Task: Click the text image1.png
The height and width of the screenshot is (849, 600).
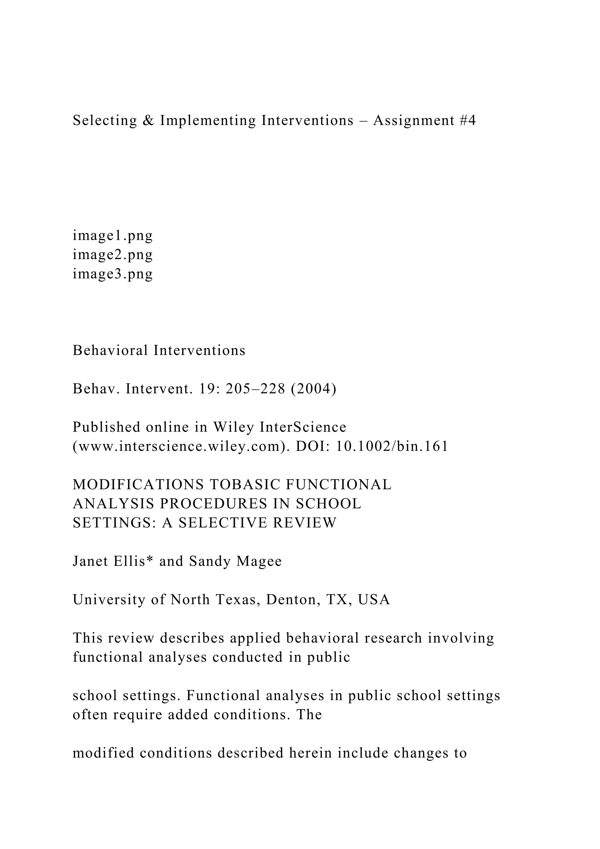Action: (x=113, y=235)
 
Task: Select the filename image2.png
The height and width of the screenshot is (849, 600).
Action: (x=113, y=255)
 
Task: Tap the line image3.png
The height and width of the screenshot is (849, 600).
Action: (x=113, y=274)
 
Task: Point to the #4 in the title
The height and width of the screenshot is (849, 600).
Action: (x=468, y=120)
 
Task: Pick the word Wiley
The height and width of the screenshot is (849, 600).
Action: (x=233, y=427)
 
